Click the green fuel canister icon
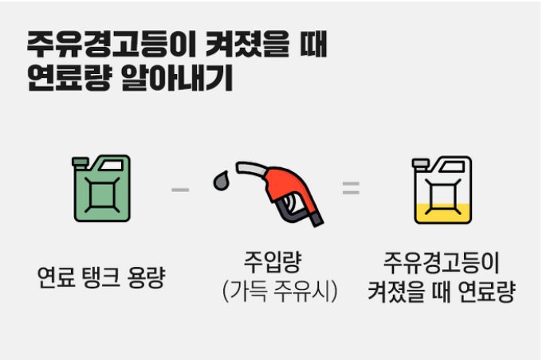tap(101, 188)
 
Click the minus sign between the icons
tap(180, 190)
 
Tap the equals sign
tap(351, 190)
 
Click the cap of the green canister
tap(81, 162)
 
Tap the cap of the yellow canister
tap(420, 162)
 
